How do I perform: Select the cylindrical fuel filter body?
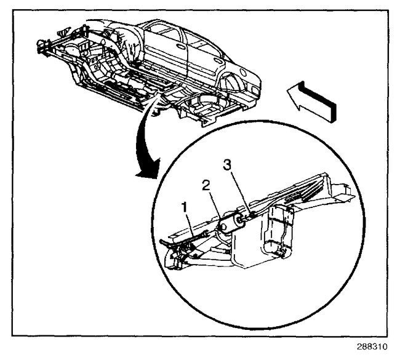[x=232, y=223]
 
